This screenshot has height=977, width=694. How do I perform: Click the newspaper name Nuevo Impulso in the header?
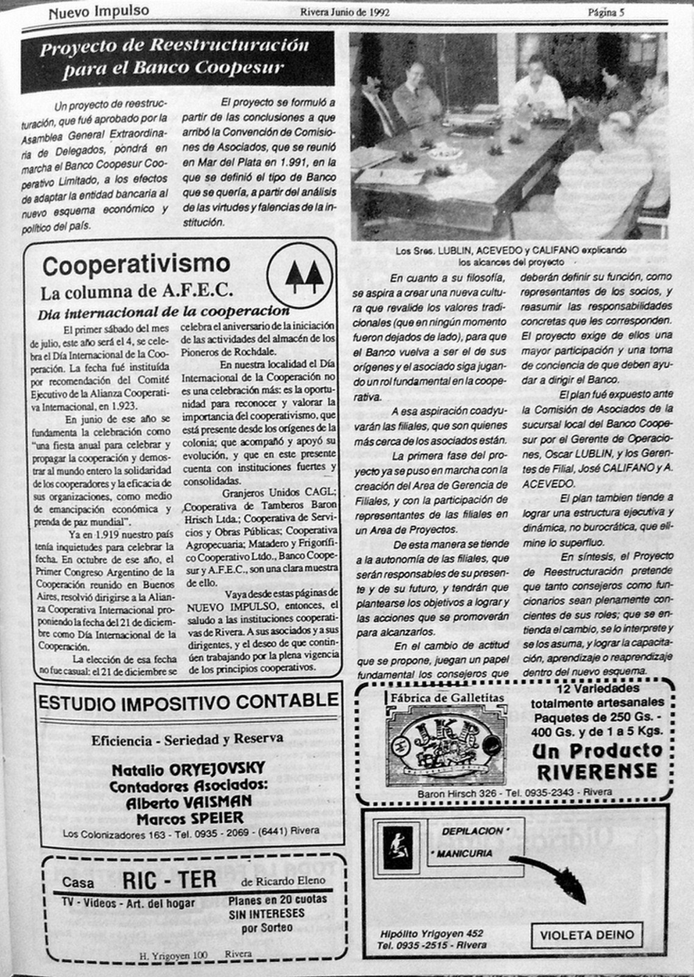tap(98, 12)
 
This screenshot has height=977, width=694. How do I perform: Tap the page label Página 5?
tap(611, 12)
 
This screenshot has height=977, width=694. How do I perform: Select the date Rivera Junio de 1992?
tap(345, 12)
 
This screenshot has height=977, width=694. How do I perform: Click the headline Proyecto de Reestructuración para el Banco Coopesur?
tap(176, 58)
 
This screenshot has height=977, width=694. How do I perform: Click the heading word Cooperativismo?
tap(137, 266)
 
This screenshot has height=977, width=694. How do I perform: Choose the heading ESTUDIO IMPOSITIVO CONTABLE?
tap(188, 701)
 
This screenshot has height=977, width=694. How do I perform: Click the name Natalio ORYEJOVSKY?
tap(188, 769)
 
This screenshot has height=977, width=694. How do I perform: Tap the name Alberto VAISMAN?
tap(188, 802)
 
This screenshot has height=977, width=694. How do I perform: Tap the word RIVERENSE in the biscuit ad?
tap(597, 771)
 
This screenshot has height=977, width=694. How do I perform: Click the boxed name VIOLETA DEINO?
tap(587, 935)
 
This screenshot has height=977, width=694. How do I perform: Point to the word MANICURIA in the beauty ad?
tap(466, 854)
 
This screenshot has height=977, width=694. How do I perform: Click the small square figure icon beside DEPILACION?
tap(399, 845)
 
